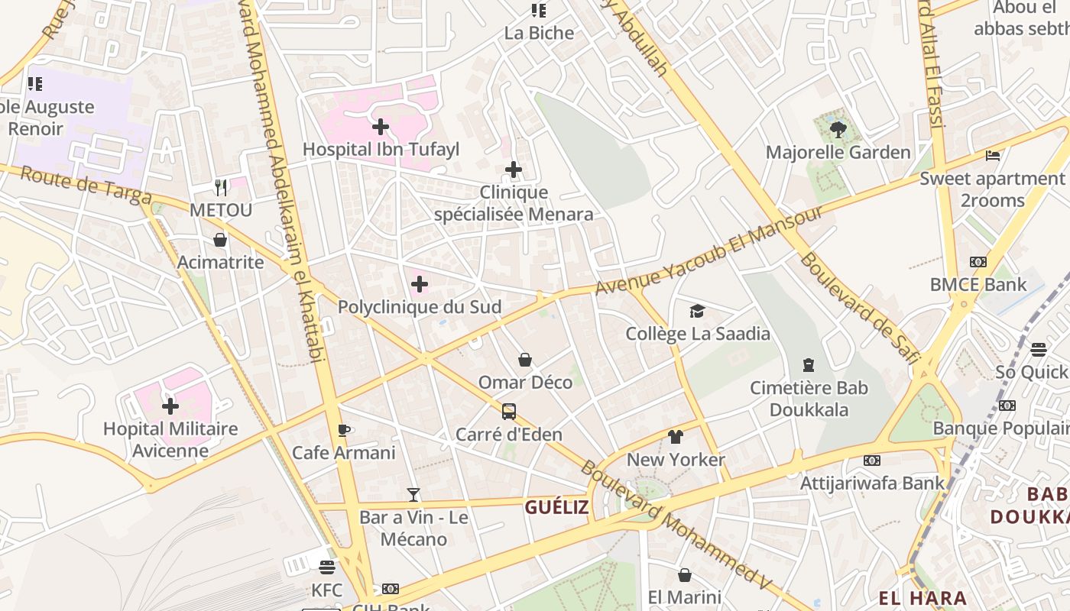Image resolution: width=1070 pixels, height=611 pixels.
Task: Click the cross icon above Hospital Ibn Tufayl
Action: (380, 127)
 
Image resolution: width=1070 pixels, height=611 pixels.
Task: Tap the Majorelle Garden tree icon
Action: (838, 130)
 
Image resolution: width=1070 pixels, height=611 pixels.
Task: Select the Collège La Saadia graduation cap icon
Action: (697, 311)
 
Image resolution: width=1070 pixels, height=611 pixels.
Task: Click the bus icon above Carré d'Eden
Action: (509, 412)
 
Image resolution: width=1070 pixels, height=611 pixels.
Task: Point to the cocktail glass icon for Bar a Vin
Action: (413, 494)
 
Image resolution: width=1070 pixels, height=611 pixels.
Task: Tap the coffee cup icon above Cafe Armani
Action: (344, 430)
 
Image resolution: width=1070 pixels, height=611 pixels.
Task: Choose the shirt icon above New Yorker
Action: (676, 437)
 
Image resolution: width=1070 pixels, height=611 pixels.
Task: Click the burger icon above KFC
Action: (327, 567)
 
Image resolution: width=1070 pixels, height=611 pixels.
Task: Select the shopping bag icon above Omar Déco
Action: (525, 360)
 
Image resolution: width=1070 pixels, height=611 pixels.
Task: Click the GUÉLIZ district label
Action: (556, 507)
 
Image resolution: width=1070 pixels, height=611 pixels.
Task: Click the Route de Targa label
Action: (86, 186)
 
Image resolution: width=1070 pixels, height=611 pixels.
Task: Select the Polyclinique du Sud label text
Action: (420, 307)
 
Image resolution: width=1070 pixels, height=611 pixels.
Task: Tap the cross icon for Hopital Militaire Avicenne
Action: (170, 406)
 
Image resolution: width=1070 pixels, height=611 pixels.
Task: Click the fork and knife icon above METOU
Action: (221, 187)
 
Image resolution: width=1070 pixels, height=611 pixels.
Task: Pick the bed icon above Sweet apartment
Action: (993, 156)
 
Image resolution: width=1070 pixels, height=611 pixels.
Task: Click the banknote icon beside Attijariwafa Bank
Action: (872, 461)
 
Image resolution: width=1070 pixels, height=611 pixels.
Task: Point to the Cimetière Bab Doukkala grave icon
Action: (809, 365)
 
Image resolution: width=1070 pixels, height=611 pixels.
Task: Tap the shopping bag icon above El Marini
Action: (685, 575)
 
